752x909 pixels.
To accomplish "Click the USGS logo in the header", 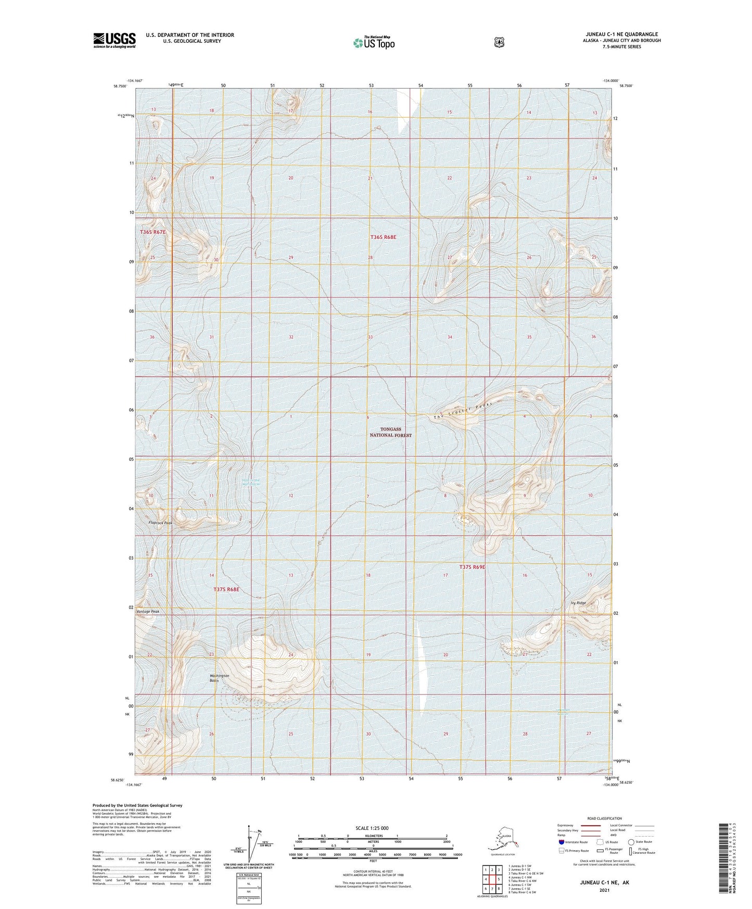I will point(114,40).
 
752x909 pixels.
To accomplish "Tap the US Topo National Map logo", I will point(374,43).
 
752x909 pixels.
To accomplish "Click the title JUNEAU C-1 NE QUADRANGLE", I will point(621,34).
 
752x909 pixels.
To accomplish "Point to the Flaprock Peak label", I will point(160,523).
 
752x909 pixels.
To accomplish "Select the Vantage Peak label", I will point(147,612).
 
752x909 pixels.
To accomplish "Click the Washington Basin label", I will point(220,678).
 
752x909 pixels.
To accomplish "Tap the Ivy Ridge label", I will point(578,603).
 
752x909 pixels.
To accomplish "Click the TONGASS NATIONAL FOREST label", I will point(390,432).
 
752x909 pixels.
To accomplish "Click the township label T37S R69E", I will point(472,567).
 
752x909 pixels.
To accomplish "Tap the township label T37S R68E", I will point(226,589).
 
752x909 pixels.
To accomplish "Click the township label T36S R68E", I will point(383,237).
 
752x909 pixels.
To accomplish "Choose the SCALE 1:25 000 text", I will point(372,828).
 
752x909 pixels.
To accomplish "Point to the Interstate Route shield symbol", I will point(561,842).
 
